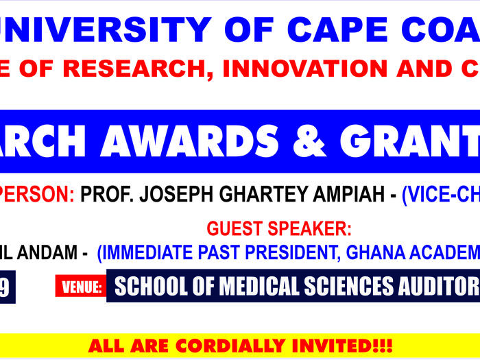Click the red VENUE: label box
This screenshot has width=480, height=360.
(81, 287)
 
